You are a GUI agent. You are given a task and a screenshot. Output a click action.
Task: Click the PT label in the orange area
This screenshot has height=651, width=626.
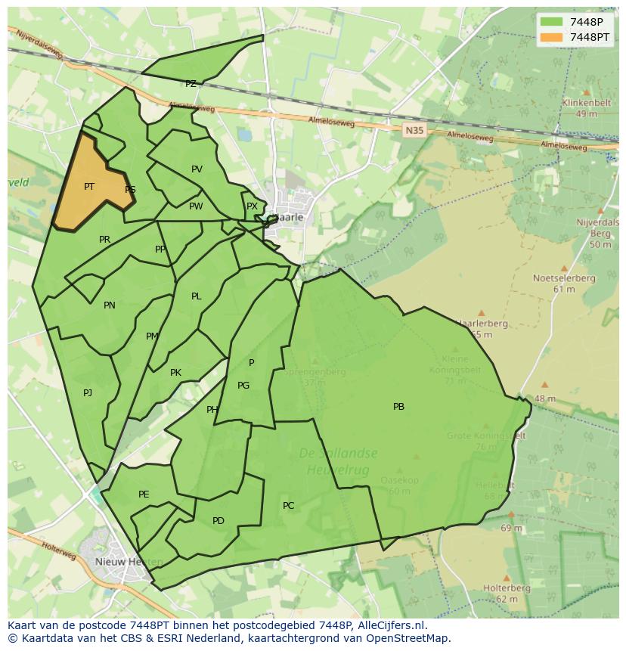[x=89, y=186]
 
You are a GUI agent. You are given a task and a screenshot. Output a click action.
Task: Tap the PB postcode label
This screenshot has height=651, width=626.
[x=398, y=407]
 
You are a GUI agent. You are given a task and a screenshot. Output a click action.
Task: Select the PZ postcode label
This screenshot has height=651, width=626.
[x=191, y=84]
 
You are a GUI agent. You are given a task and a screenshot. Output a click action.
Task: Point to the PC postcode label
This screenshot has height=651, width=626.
[x=288, y=506]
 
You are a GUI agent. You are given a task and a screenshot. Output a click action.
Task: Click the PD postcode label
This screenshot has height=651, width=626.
[x=218, y=521]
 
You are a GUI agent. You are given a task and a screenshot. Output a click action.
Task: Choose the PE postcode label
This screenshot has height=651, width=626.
[x=144, y=494]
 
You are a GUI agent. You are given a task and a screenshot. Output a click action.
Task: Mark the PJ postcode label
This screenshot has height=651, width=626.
[x=88, y=392]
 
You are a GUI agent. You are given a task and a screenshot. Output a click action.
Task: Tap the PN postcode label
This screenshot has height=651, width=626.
[x=110, y=305]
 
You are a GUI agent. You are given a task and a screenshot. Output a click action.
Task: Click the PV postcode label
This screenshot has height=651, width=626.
[x=197, y=169]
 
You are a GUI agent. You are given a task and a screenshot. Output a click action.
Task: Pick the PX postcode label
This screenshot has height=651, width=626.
[x=252, y=206]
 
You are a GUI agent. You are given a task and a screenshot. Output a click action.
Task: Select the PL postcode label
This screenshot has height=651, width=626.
[x=197, y=296]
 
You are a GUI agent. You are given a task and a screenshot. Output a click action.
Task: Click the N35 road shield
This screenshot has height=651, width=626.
[x=414, y=130]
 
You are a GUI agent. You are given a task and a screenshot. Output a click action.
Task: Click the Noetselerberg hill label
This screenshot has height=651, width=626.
[x=564, y=278]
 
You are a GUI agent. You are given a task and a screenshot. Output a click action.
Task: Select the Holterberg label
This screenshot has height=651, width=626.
[x=507, y=588]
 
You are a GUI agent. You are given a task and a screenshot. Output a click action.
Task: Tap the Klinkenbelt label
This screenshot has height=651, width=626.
[x=585, y=103]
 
